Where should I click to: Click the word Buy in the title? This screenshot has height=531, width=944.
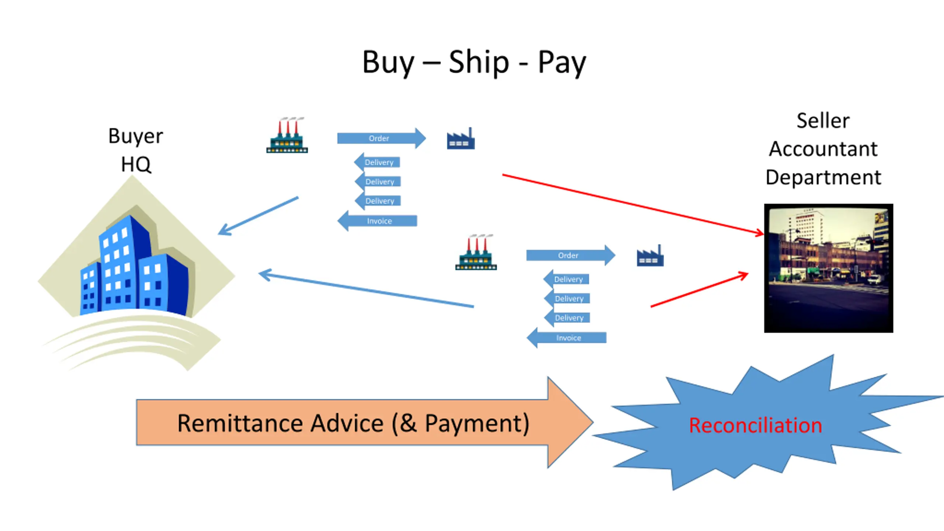click(388, 63)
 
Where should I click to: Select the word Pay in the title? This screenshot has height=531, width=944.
click(562, 63)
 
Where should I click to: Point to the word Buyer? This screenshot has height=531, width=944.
click(135, 136)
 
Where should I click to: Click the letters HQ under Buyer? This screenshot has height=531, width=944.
click(136, 164)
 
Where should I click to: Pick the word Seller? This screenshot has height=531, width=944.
click(823, 121)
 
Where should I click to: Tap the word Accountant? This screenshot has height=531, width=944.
click(823, 149)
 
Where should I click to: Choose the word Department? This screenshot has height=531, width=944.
click(823, 177)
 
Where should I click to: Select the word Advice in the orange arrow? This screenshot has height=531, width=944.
click(347, 423)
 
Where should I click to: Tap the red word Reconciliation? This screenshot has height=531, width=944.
click(755, 425)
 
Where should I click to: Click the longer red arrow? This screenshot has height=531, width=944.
click(632, 204)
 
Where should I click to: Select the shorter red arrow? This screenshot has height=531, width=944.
click(699, 290)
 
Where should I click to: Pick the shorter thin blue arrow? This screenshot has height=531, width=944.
click(258, 216)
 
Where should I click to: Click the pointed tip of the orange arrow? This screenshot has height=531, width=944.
click(590, 423)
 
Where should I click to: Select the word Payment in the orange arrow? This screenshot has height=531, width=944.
click(477, 423)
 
